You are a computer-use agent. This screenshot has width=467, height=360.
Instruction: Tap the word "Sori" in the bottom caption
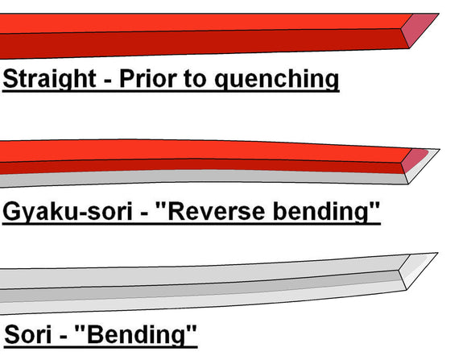click(29, 334)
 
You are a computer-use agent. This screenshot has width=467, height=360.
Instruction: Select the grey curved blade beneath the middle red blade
click(242, 176)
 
